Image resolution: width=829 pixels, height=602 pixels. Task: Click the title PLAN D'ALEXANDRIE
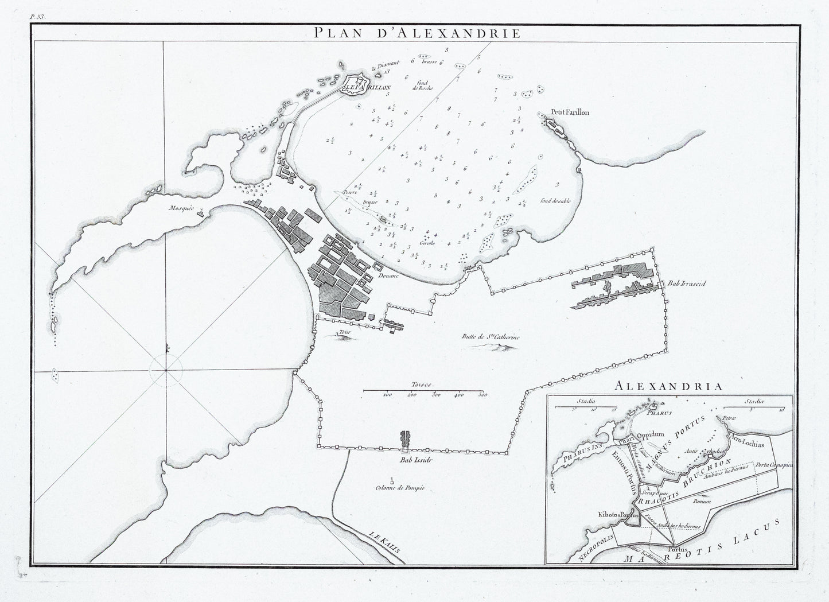(x=418, y=33)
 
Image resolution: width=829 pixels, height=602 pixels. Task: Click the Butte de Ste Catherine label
(x=490, y=337)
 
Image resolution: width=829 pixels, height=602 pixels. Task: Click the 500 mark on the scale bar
(x=482, y=395)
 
